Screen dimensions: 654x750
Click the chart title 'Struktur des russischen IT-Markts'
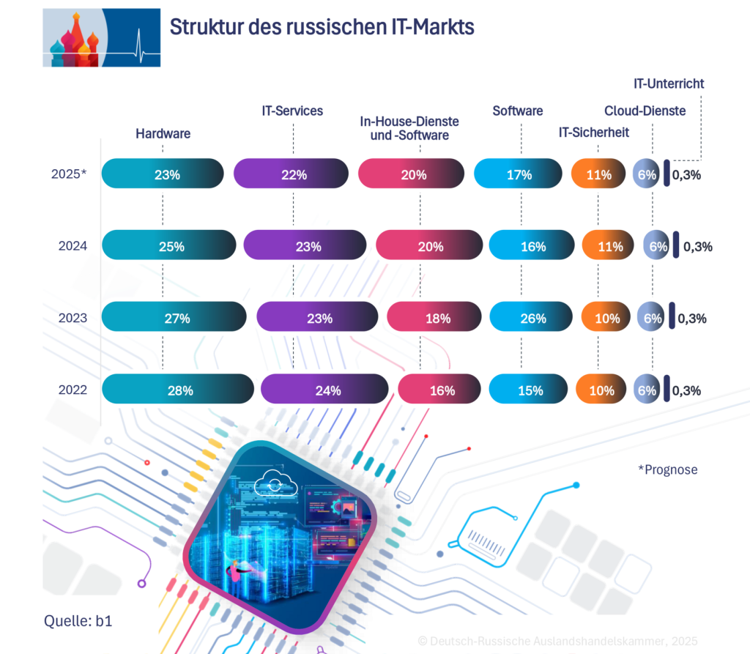coord(322,28)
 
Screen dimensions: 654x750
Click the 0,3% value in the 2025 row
coord(687,175)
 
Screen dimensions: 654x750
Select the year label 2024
coord(73,246)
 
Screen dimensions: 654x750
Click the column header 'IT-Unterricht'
coord(669,83)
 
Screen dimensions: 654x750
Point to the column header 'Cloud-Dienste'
coord(645,111)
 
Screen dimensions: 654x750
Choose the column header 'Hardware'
coord(163,133)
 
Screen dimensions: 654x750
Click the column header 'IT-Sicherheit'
coord(593,133)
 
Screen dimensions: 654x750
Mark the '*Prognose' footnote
coord(667,469)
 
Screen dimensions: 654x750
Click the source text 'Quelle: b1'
coord(78,622)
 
